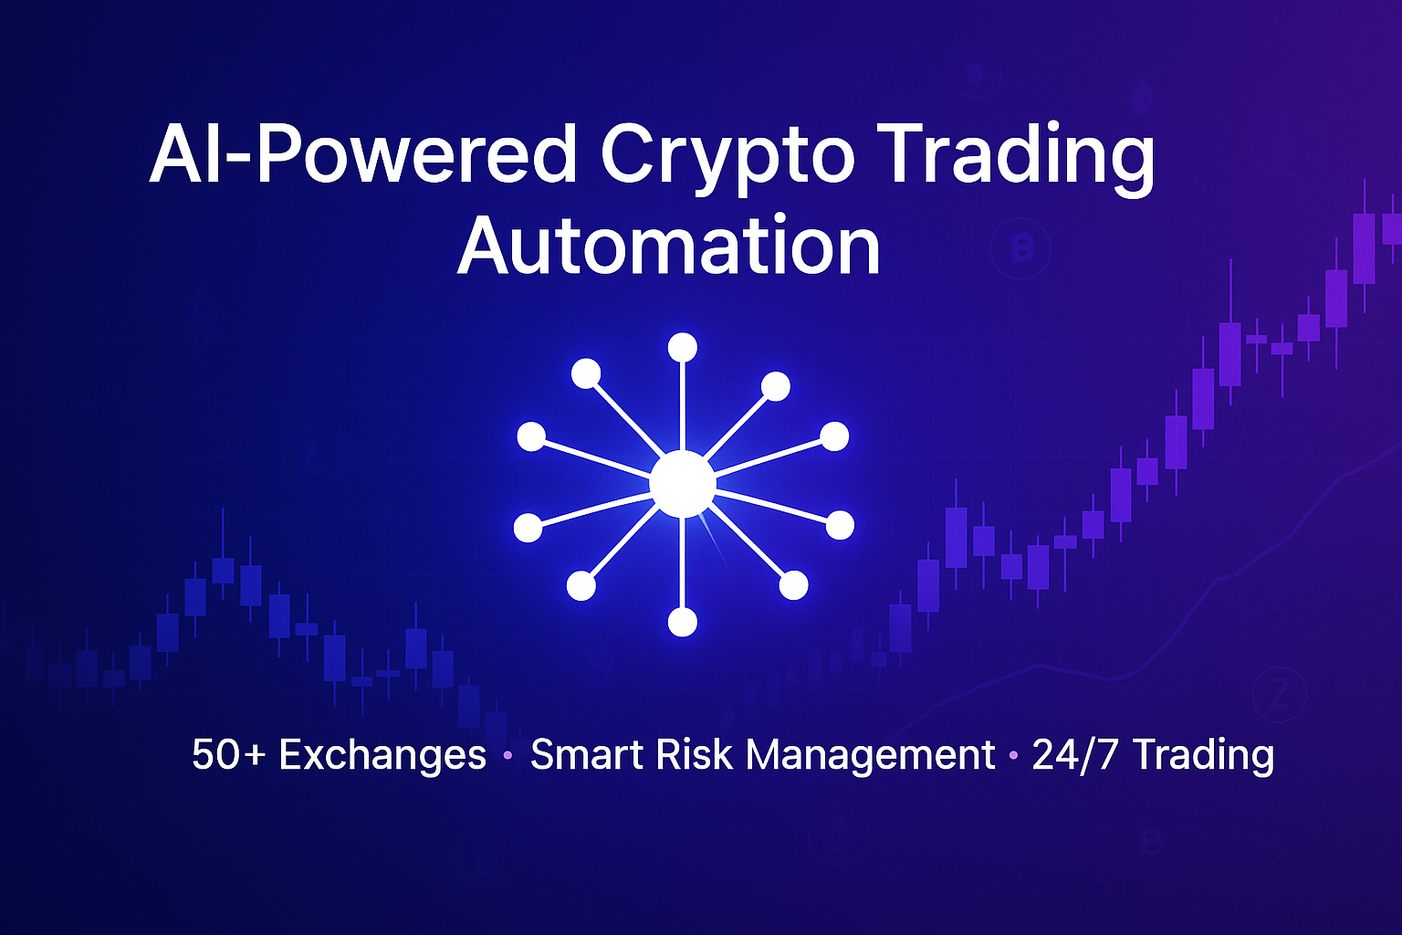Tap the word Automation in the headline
(x=669, y=245)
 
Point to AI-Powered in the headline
(x=362, y=153)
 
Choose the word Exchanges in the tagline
(x=382, y=754)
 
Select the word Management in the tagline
(x=871, y=755)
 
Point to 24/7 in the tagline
(x=1074, y=754)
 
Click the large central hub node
(x=682, y=484)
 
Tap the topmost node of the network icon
(x=682, y=348)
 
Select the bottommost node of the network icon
(x=682, y=622)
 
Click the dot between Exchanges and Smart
(x=507, y=756)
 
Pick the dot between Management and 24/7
(x=1013, y=756)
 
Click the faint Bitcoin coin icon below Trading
(x=1020, y=248)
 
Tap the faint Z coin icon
(x=1280, y=695)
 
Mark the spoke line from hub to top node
(x=682, y=407)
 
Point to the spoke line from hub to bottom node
(x=682, y=562)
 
